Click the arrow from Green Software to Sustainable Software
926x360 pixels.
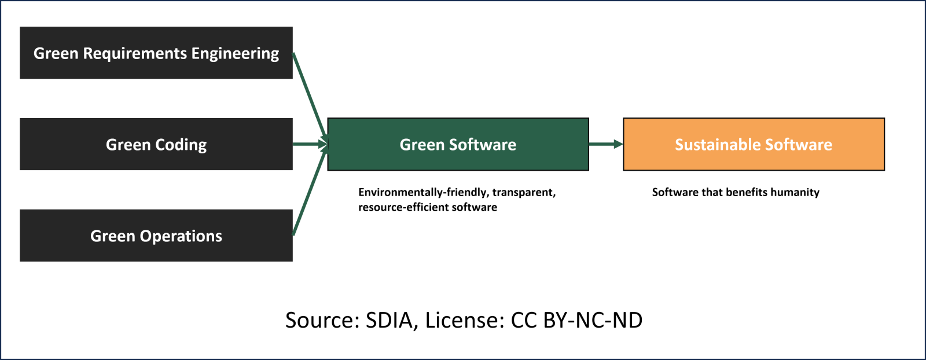[x=605, y=144]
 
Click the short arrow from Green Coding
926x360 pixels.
[x=309, y=144]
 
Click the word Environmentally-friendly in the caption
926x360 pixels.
[x=423, y=192]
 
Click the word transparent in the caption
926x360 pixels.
[x=524, y=192]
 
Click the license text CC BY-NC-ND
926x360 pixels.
[x=576, y=320]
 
